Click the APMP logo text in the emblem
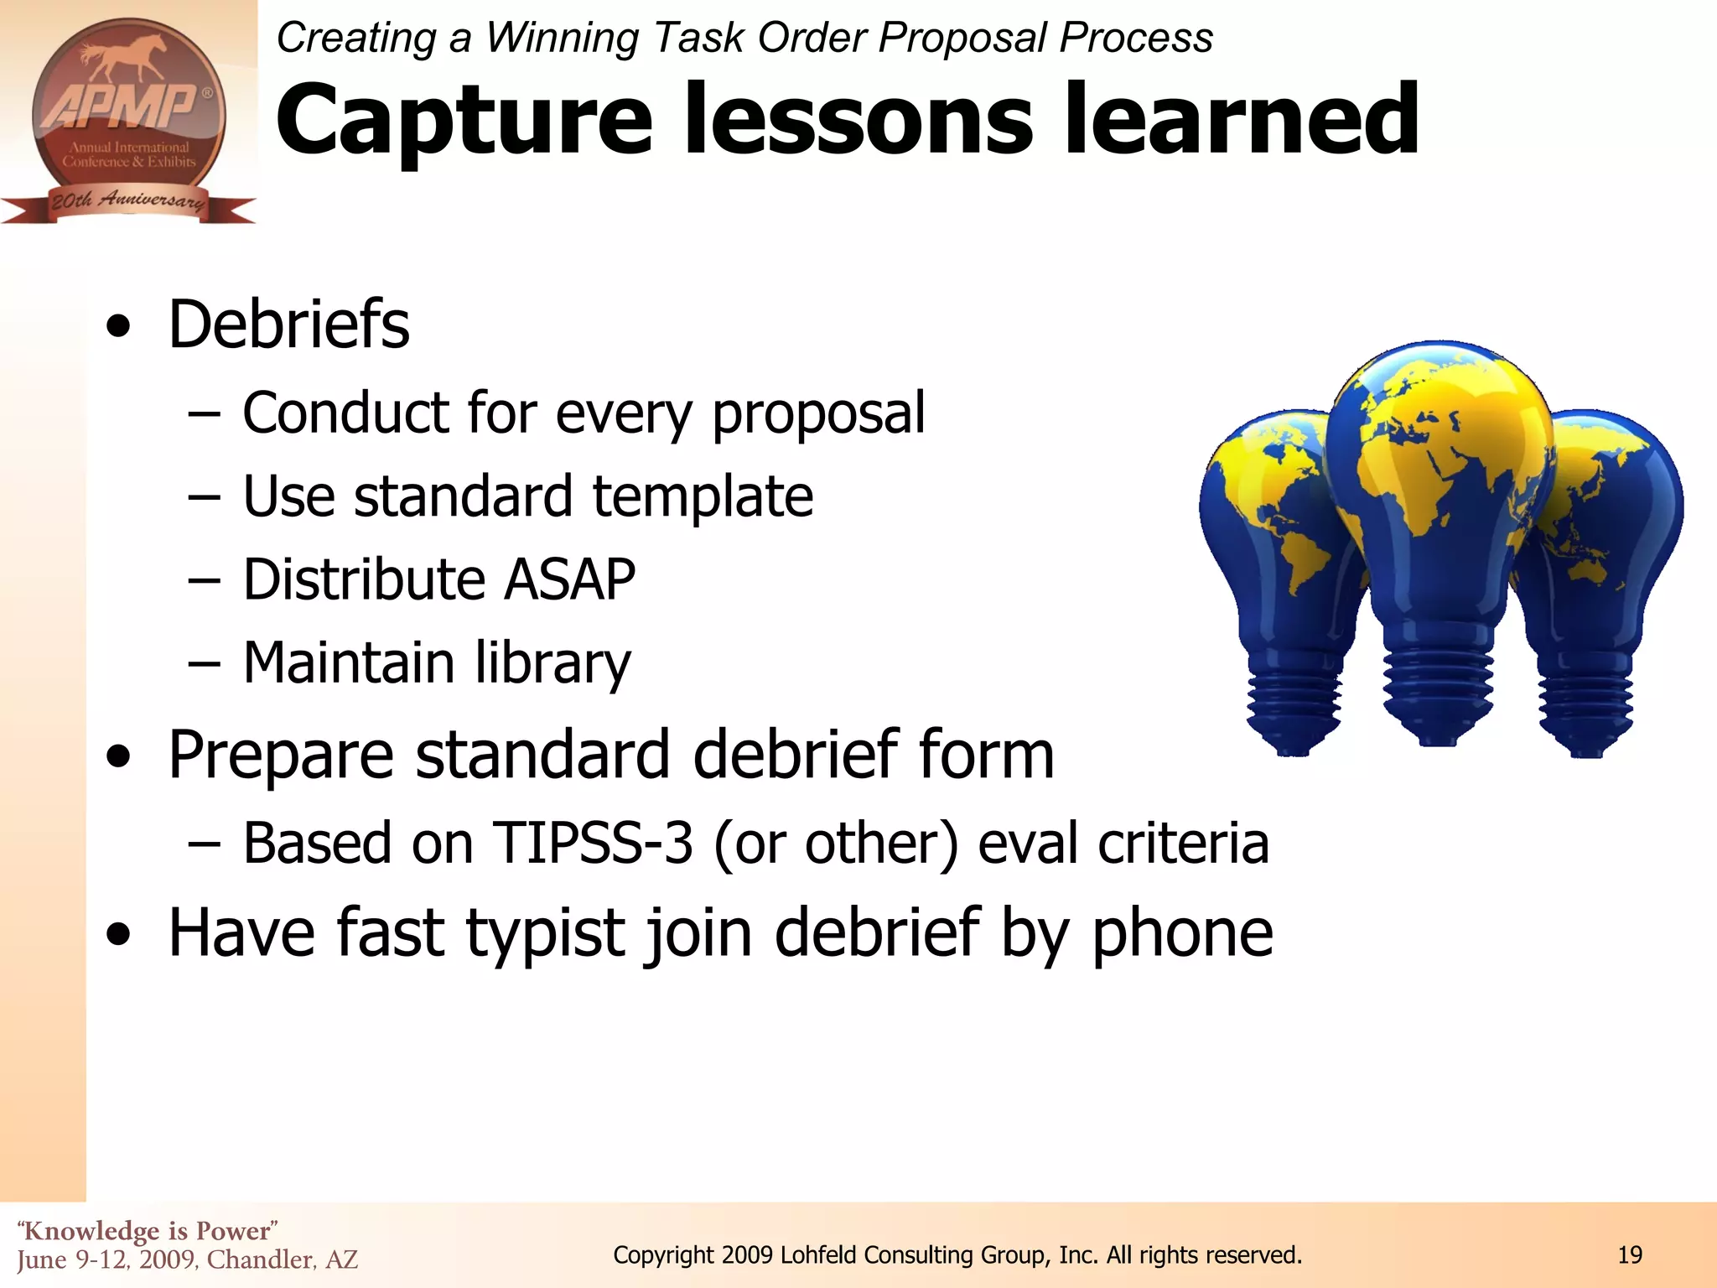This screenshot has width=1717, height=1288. click(122, 107)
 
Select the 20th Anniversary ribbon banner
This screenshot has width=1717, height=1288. click(127, 201)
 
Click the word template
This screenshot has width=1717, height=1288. click(703, 496)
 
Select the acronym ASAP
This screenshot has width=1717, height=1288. click(569, 580)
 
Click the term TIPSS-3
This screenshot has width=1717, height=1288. click(593, 843)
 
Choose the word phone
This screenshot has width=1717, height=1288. click(1182, 933)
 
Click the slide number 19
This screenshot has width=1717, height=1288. click(1630, 1255)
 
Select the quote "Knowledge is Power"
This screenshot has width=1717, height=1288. click(148, 1231)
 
